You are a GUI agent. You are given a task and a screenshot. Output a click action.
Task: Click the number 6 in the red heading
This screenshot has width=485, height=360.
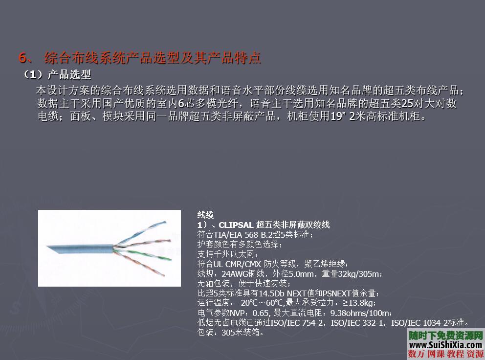22,58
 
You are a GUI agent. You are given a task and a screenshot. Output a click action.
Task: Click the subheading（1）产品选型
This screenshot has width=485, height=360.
57,75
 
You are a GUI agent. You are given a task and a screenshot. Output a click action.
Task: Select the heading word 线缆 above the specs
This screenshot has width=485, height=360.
205,215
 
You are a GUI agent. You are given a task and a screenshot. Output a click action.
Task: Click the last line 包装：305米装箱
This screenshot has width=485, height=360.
231,333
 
